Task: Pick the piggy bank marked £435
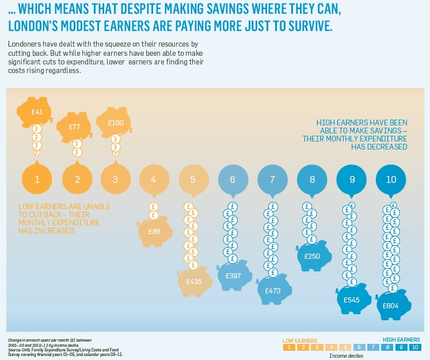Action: click(x=193, y=281)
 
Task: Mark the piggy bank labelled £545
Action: click(x=352, y=300)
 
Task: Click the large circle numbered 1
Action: click(x=37, y=179)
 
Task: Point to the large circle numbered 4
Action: click(x=154, y=179)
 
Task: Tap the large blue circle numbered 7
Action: click(x=273, y=179)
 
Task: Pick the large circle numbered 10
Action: click(x=391, y=179)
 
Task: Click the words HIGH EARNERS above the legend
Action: click(x=401, y=339)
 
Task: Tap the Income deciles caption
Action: click(x=346, y=356)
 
